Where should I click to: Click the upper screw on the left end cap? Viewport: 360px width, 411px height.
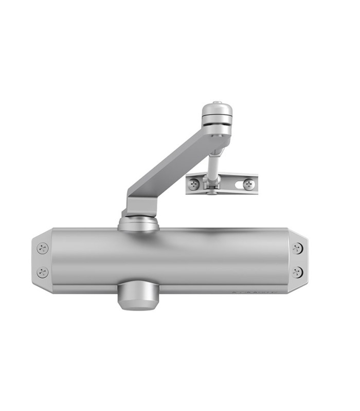coord(43,248)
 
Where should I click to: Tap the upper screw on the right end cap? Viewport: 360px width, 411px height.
coord(297,248)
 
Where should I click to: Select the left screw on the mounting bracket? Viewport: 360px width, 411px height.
coord(194,184)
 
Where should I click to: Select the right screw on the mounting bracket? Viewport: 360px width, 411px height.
coord(248,183)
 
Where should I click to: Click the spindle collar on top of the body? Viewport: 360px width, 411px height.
coord(138,225)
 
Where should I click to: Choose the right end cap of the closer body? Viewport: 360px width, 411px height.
coord(297,260)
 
